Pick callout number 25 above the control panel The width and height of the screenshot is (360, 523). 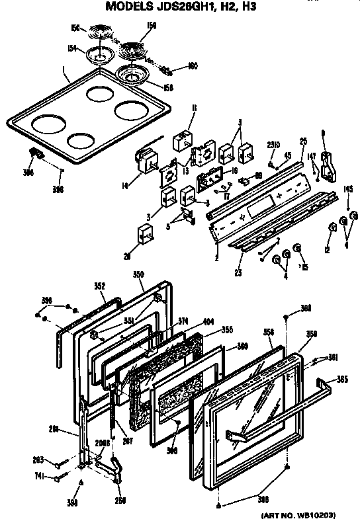(304, 141)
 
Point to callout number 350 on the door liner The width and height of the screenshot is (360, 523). (138, 273)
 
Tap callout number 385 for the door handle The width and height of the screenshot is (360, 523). (343, 380)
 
